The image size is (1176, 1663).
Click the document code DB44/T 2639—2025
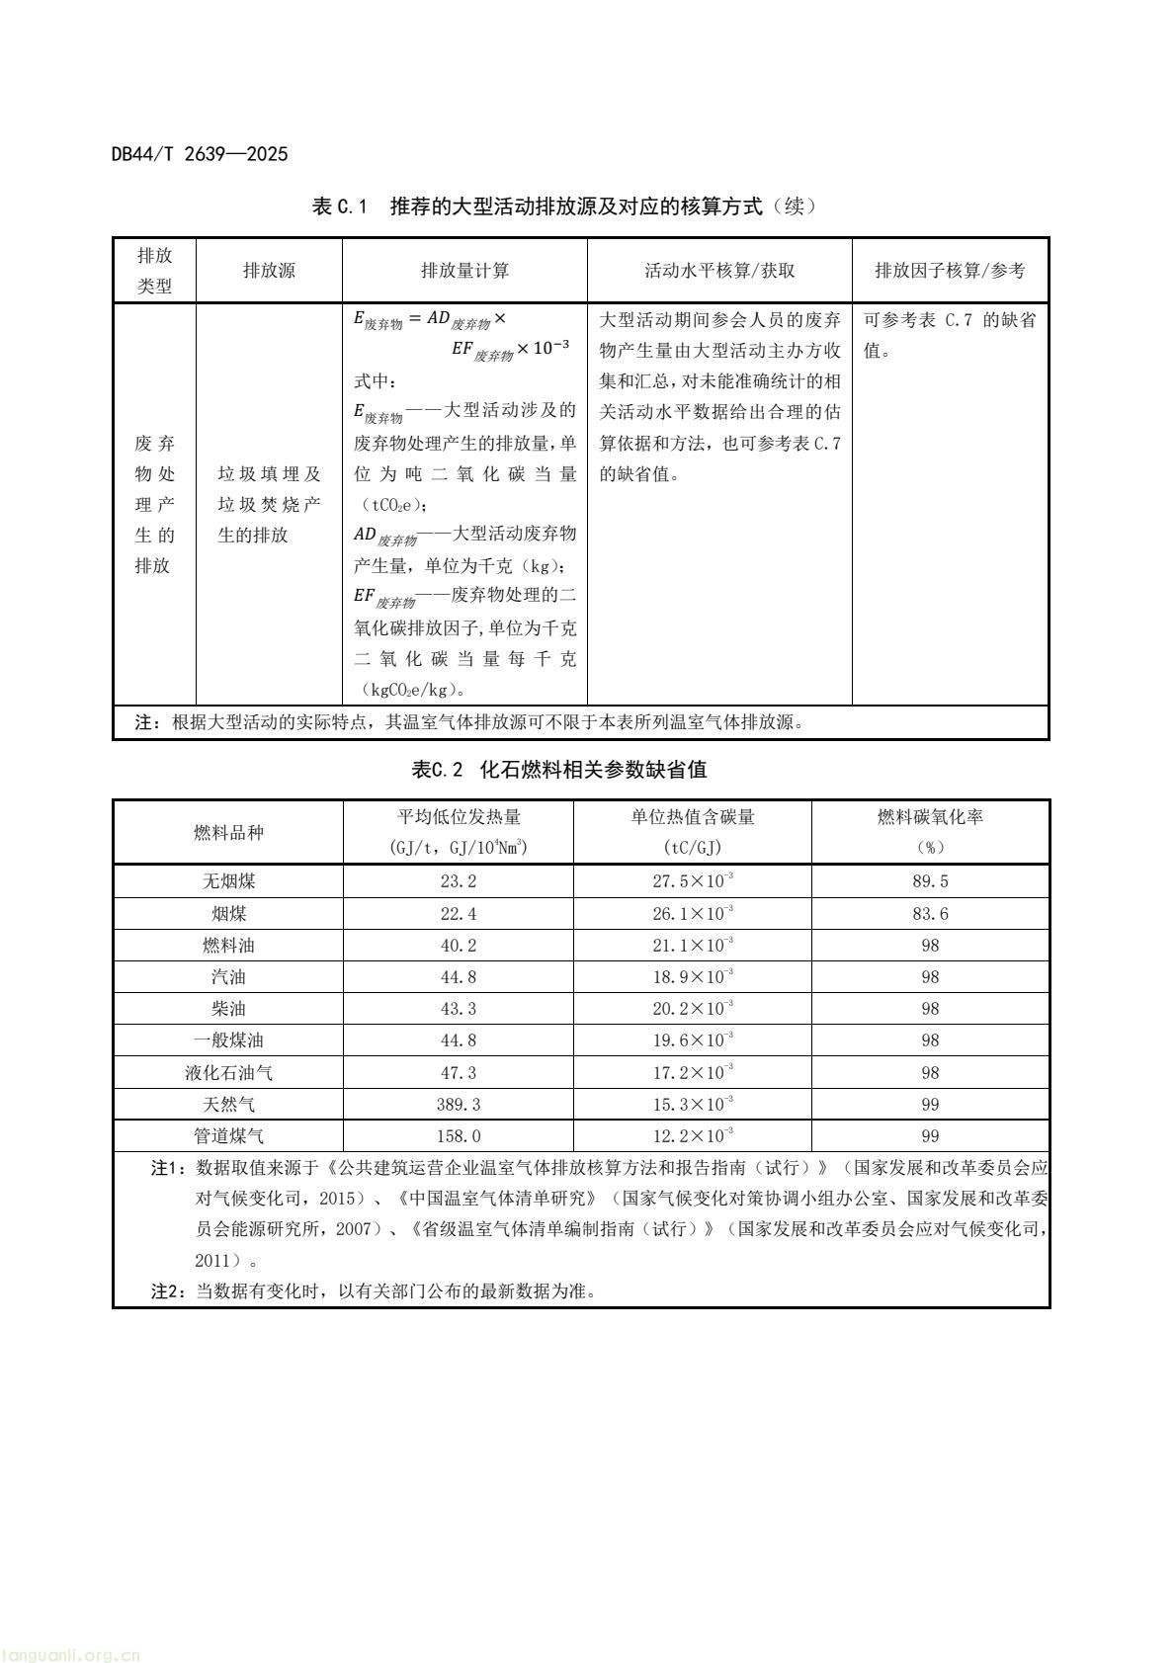click(x=200, y=154)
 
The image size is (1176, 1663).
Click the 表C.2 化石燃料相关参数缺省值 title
click(x=558, y=769)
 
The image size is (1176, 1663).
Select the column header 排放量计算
click(x=464, y=270)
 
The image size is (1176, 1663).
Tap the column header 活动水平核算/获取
click(x=719, y=270)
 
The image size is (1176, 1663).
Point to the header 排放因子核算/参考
click(x=950, y=270)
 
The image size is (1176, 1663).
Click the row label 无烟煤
click(x=228, y=881)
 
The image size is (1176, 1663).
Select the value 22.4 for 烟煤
click(x=459, y=914)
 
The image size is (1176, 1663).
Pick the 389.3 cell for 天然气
click(x=459, y=1105)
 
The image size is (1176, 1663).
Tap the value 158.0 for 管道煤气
click(x=459, y=1136)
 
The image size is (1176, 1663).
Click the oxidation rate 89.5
click(x=930, y=881)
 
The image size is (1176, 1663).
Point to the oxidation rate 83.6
click(x=930, y=914)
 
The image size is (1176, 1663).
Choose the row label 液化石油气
click(x=228, y=1073)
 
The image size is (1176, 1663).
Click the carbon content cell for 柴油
click(x=692, y=1009)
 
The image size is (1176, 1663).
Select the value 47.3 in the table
click(x=459, y=1073)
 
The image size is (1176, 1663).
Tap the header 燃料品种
click(x=228, y=832)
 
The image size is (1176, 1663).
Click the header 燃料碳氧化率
click(x=930, y=817)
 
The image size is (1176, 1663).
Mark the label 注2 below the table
click(x=167, y=1291)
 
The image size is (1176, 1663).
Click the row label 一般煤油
click(x=228, y=1040)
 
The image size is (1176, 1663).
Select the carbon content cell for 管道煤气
click(x=692, y=1136)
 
